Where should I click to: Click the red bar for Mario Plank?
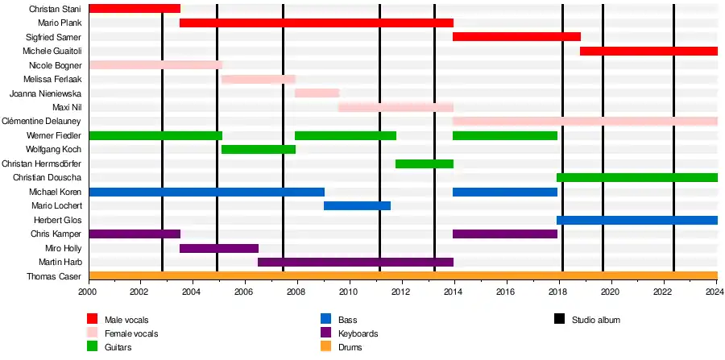(316, 23)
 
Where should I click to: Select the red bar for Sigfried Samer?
(516, 37)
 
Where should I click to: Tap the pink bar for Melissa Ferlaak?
(259, 80)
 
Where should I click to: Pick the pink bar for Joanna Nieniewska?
(317, 93)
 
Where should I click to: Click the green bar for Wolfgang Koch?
(259, 150)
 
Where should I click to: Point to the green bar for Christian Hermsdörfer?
(425, 164)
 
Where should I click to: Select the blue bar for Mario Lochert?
(357, 206)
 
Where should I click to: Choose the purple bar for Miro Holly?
(219, 249)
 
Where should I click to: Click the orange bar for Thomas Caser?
(403, 276)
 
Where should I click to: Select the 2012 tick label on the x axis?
(402, 292)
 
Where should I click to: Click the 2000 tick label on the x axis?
(88, 292)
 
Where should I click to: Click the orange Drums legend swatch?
(93, 347)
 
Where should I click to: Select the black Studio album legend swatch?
(559, 320)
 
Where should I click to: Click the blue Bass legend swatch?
(326, 320)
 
